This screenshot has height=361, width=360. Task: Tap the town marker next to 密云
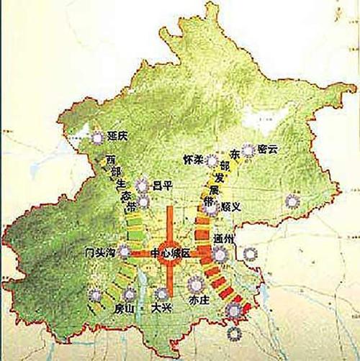(x=248, y=150)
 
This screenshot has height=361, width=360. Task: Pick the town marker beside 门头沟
(x=125, y=252)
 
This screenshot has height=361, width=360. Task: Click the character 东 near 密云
(x=234, y=153)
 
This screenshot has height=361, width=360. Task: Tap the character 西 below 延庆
(x=110, y=159)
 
